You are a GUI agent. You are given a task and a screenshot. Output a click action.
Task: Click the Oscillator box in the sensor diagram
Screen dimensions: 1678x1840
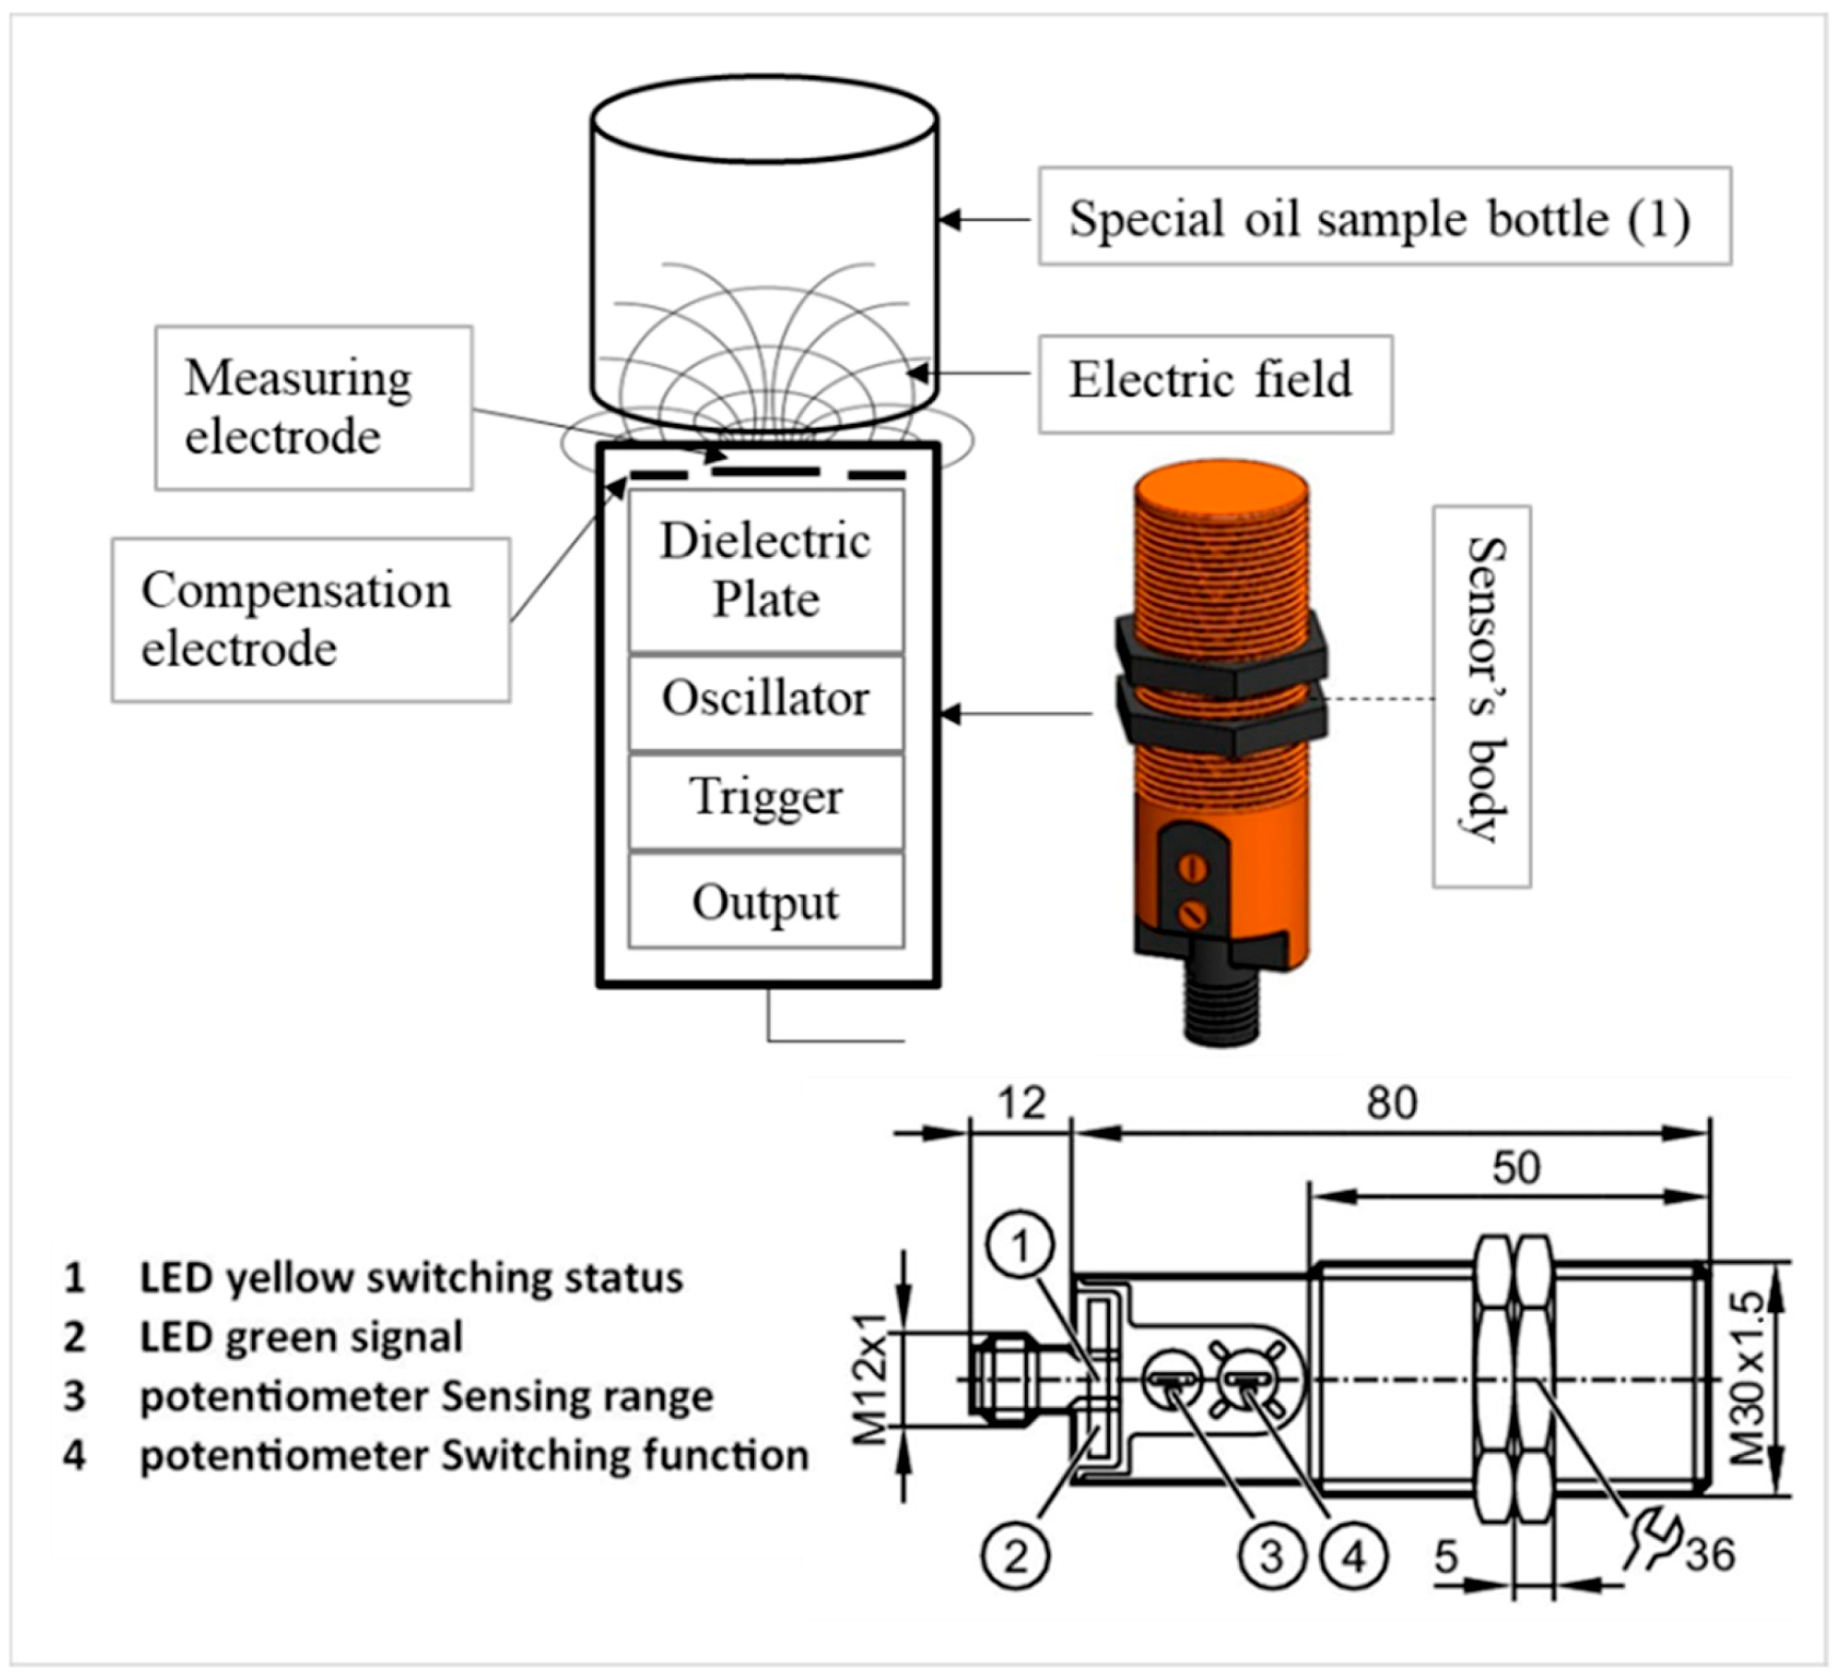[x=765, y=700]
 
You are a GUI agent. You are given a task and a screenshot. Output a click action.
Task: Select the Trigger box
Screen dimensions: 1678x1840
[x=765, y=798]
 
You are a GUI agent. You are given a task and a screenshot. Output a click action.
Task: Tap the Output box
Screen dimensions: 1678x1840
[x=765, y=902]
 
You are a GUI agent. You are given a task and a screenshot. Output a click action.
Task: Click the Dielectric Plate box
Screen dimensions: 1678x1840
[x=765, y=571]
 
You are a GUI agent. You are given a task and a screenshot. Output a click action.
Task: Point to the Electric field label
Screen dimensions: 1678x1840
[x=1214, y=382]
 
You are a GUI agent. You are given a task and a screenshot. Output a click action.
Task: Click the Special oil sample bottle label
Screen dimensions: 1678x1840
[x=1382, y=218]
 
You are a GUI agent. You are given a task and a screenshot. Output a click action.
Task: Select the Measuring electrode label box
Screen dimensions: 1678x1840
[x=313, y=408]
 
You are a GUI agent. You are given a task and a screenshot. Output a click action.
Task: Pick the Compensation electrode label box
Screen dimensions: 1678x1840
[x=310, y=621]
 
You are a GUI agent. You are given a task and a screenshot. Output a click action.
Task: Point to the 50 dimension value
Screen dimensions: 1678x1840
[x=1515, y=1168]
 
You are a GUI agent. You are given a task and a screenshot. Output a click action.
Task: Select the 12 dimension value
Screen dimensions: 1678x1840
[x=1020, y=1104]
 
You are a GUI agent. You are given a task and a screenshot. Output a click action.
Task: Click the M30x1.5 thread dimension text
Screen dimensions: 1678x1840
[x=1748, y=1378]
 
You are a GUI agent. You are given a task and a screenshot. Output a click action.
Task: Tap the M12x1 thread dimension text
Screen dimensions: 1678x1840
[x=871, y=1380]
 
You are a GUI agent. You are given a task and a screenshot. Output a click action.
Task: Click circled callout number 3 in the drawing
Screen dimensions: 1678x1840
[x=1271, y=1557]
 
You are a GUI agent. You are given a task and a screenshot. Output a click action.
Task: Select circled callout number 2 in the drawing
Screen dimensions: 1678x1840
[x=1016, y=1557]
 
